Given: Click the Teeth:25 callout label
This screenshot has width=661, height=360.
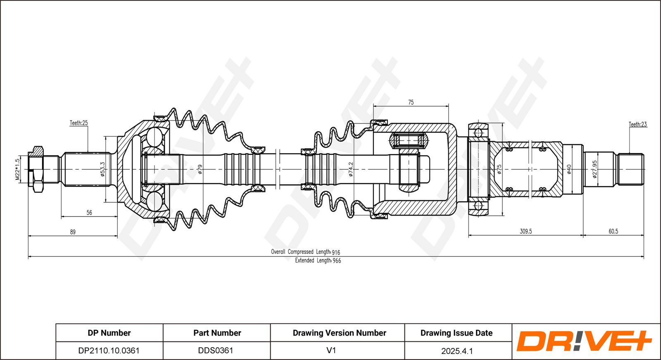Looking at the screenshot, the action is (79, 123).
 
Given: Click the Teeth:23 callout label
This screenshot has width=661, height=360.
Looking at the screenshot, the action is (638, 124).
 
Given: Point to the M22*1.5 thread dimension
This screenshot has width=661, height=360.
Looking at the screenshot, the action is (17, 170).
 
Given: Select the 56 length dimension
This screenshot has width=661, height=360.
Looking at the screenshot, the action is (89, 212).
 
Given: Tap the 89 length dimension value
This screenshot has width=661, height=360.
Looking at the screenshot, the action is (73, 232).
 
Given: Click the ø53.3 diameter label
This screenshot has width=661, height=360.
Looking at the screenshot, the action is (102, 169).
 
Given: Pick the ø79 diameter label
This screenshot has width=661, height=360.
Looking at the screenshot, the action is (200, 169).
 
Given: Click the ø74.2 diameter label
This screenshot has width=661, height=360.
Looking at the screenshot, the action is (351, 169).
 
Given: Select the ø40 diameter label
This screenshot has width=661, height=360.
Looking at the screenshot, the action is (569, 169).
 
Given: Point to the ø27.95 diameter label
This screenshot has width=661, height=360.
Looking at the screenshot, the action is (594, 169).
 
